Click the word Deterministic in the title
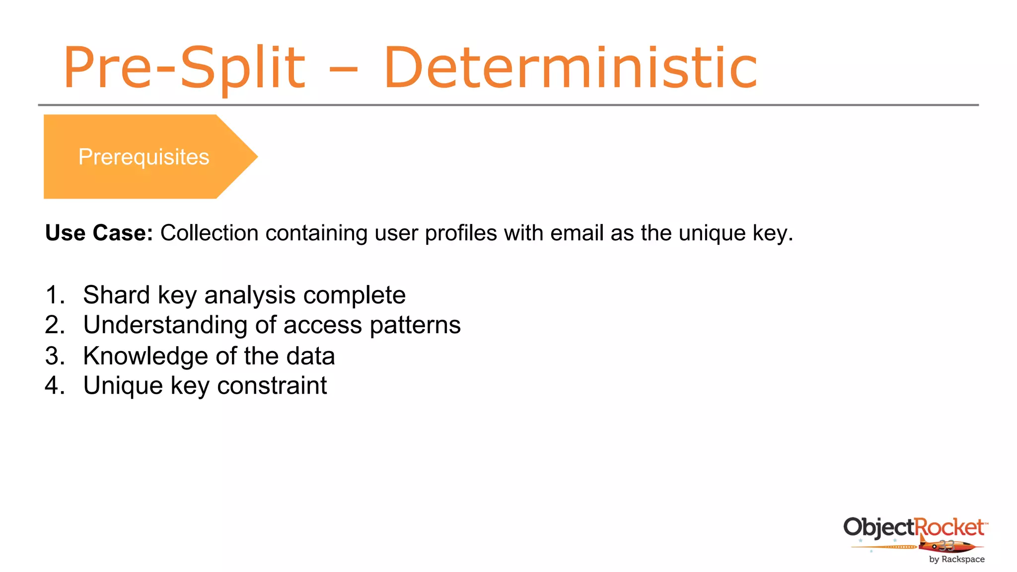click(x=570, y=68)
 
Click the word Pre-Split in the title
click(x=184, y=68)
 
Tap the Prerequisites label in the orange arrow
click(x=144, y=157)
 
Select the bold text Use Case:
click(x=99, y=233)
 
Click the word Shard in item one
click(x=116, y=295)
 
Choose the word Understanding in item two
click(x=165, y=325)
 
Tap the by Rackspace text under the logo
click(x=956, y=559)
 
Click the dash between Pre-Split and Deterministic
click(x=343, y=70)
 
